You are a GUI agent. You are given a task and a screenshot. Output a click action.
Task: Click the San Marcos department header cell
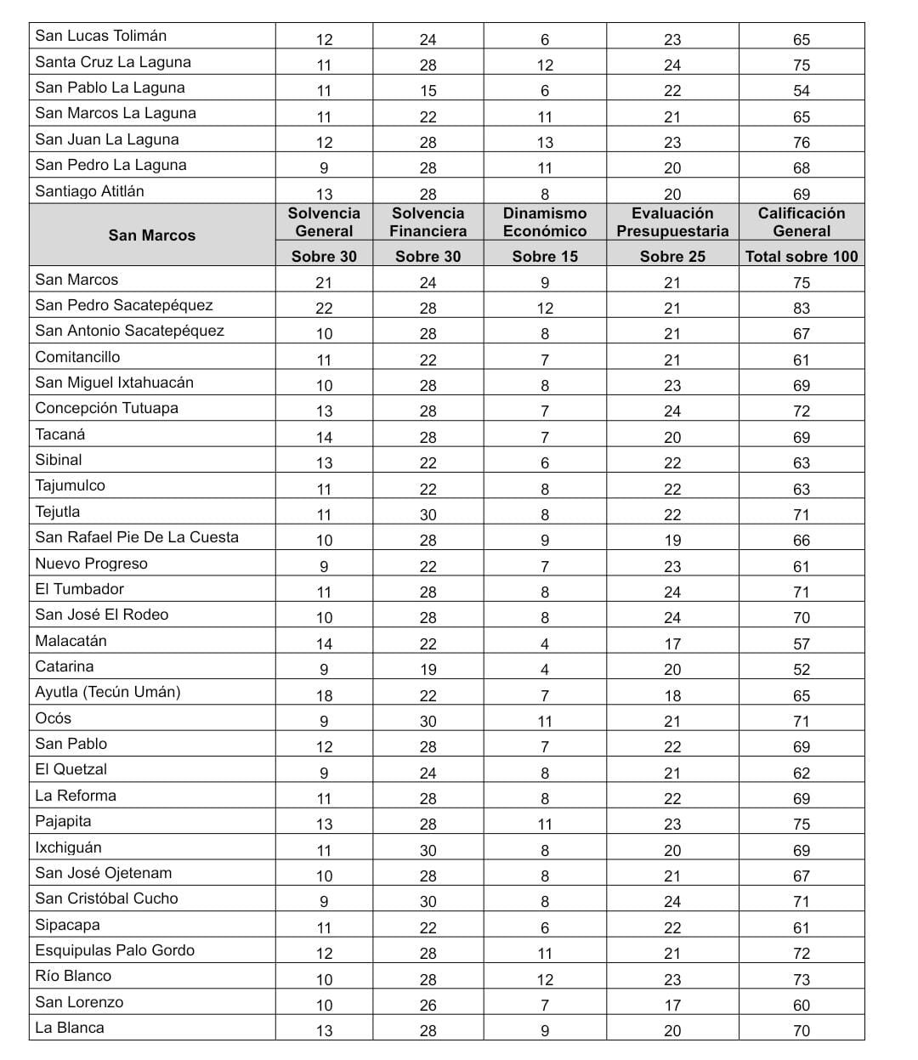click(x=152, y=235)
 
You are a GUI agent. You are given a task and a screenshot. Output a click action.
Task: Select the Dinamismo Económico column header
click(x=545, y=222)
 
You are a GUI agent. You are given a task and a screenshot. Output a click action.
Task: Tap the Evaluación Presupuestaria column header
click(x=672, y=222)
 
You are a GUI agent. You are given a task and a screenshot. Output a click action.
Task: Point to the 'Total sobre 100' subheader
click(x=802, y=256)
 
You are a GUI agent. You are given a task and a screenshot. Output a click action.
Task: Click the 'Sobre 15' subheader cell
click(x=545, y=256)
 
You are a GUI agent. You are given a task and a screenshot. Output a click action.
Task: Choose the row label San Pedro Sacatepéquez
click(x=124, y=305)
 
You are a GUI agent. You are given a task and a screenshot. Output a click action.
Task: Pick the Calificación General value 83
click(x=802, y=309)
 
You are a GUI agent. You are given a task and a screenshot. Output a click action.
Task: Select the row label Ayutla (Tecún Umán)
click(x=108, y=692)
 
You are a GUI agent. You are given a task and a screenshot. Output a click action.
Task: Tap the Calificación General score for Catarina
click(x=802, y=670)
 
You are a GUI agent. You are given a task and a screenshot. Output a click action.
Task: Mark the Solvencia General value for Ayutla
click(x=324, y=695)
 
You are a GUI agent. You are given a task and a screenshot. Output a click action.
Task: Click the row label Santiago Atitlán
click(x=90, y=191)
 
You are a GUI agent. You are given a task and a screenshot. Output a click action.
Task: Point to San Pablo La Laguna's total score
click(x=802, y=91)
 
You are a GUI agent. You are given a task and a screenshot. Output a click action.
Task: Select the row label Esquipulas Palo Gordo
click(x=115, y=950)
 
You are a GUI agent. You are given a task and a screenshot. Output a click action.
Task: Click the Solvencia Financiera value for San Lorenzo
click(x=428, y=1005)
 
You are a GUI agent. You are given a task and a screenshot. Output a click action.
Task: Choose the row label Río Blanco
click(x=73, y=976)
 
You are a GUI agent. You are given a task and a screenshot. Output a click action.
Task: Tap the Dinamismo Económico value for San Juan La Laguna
click(x=545, y=143)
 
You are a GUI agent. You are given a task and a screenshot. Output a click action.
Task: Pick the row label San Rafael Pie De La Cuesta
click(x=137, y=537)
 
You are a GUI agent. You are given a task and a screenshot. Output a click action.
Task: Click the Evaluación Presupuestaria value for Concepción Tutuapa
click(x=672, y=411)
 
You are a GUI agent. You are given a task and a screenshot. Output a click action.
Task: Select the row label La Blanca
click(x=70, y=1028)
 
